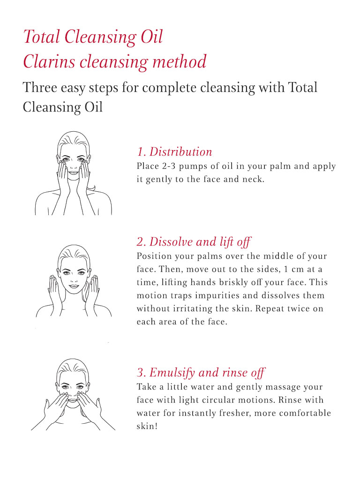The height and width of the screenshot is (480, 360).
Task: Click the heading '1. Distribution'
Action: point(174,151)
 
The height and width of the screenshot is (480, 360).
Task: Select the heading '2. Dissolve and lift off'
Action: point(194,242)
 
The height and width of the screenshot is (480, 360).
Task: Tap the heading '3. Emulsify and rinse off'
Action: point(201,373)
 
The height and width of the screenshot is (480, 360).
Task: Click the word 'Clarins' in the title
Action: point(49,61)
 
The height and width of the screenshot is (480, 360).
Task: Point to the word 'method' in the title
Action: point(180,61)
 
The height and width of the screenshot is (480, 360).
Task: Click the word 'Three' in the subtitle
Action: point(40,87)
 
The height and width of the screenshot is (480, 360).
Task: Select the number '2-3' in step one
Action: point(169,166)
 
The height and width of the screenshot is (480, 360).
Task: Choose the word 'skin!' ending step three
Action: point(147,426)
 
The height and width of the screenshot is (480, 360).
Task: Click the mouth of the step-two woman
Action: point(74,286)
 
